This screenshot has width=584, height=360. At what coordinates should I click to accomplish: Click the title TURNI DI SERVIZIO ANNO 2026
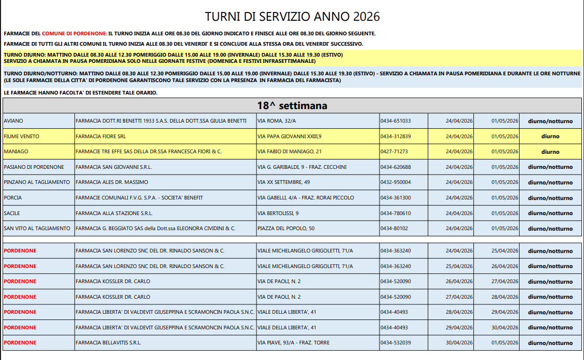pyautogui.click(x=292, y=17)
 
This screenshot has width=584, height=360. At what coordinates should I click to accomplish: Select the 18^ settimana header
pyautogui.click(x=292, y=105)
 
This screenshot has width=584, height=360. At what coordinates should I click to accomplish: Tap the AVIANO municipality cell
pyautogui.click(x=13, y=121)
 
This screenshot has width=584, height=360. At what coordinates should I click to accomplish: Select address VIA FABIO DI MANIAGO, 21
pyautogui.click(x=290, y=152)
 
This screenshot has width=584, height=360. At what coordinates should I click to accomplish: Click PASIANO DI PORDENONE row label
pyautogui.click(x=34, y=167)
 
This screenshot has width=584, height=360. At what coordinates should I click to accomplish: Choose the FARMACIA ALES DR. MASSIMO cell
pyautogui.click(x=112, y=182)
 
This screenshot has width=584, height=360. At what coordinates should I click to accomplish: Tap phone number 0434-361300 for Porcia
pyautogui.click(x=396, y=198)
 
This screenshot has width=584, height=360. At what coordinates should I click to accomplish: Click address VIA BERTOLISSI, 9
pyautogui.click(x=278, y=214)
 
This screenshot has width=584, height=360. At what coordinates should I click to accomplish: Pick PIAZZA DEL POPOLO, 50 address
pyautogui.click(x=286, y=229)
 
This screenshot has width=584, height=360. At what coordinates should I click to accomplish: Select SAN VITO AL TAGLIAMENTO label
pyautogui.click(x=37, y=229)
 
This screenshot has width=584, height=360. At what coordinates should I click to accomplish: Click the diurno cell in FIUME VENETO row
pyautogui.click(x=550, y=137)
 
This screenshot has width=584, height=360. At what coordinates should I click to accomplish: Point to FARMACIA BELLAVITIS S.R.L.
pyautogui.click(x=108, y=343)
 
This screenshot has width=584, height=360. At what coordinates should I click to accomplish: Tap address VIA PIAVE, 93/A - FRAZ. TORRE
pyautogui.click(x=294, y=343)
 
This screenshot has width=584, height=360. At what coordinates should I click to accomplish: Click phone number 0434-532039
pyautogui.click(x=396, y=343)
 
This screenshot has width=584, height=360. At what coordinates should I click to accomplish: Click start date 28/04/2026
pyautogui.click(x=459, y=312)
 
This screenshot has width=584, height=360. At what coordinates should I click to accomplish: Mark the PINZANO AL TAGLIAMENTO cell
pyautogui.click(x=37, y=182)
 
